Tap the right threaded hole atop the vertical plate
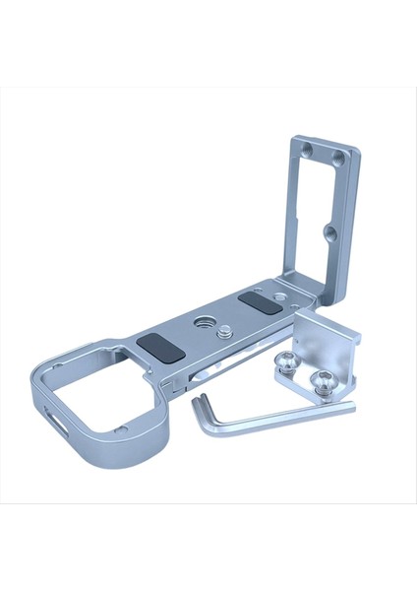(337, 158)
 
